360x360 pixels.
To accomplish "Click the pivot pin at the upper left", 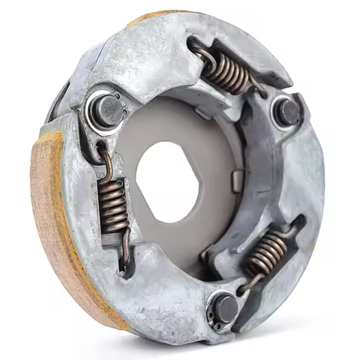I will point(107,109).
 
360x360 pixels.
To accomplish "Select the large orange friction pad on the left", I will point(64,225).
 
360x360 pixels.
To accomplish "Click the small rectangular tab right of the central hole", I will point(236,181).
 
